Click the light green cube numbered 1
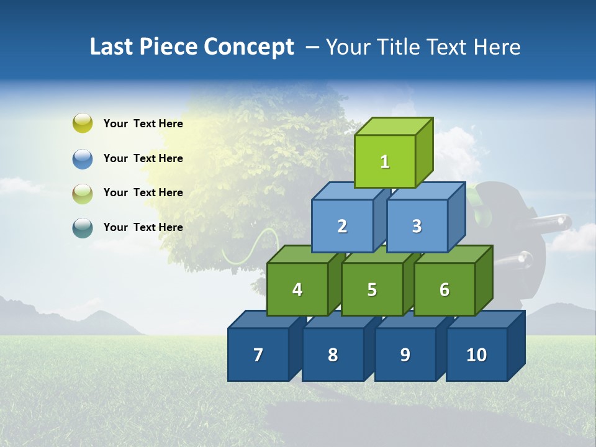(x=385, y=161)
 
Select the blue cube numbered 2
(x=342, y=226)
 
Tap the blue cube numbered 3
(x=417, y=226)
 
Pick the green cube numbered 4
(x=297, y=289)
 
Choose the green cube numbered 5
(x=372, y=289)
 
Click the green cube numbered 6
(x=445, y=289)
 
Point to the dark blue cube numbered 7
(x=258, y=354)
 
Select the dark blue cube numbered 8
(x=333, y=354)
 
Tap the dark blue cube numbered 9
(x=405, y=354)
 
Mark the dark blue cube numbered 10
(x=476, y=354)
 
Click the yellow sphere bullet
(x=83, y=123)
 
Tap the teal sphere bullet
(x=83, y=227)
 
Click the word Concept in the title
(x=249, y=47)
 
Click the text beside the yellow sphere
(x=143, y=124)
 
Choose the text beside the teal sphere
(x=143, y=227)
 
